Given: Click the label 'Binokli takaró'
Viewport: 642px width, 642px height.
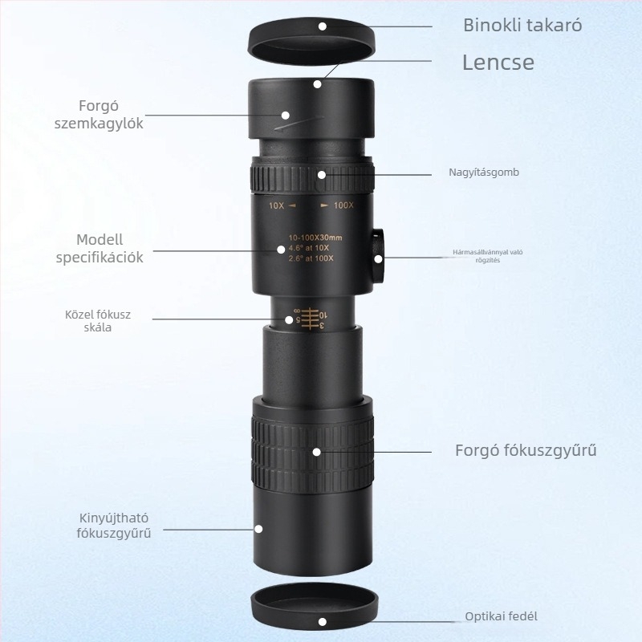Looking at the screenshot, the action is point(522,26).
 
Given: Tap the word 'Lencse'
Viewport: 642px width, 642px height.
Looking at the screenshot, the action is point(498,63).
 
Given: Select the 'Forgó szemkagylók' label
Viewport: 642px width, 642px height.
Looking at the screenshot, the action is point(99,115).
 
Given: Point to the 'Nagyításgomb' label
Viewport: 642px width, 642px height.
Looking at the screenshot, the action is point(484,173).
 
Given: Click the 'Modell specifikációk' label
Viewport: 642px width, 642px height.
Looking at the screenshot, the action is point(100,249).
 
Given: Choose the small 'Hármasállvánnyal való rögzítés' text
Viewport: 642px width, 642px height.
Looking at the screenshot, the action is point(488,256).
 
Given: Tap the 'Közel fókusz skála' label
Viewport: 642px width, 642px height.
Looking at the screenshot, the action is point(98,320).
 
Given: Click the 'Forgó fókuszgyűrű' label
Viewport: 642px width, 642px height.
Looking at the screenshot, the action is point(526,450).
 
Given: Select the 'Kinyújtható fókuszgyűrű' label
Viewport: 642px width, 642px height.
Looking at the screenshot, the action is point(114,526).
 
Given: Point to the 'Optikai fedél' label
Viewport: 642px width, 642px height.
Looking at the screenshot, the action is point(501,616).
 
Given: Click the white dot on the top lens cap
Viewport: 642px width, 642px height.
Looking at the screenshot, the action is point(323,26).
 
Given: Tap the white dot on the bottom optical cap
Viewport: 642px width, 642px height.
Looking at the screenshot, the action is point(323,622).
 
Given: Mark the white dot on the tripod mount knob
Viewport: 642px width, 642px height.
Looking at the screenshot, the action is point(378,258).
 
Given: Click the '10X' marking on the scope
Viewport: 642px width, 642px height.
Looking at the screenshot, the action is point(276,205).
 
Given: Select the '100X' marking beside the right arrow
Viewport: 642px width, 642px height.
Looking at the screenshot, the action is point(343,205).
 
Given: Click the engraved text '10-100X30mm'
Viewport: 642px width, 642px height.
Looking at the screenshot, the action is point(315,238).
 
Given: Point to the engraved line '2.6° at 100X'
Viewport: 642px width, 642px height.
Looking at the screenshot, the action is point(311,258).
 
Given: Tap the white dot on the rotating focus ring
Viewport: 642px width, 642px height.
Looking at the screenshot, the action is point(316,452).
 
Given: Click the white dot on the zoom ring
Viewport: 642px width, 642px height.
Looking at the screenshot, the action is point(322,175).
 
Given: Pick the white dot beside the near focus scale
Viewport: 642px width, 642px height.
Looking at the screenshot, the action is point(289,319).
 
